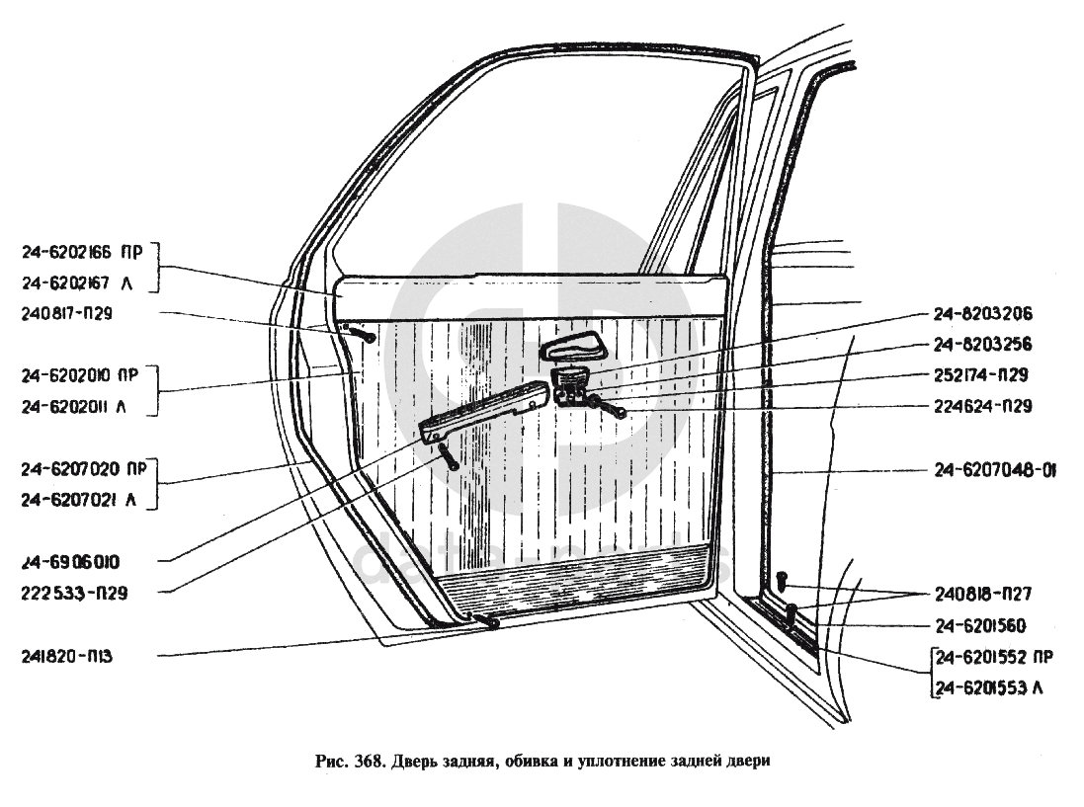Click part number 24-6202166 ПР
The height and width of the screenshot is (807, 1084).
[82, 253]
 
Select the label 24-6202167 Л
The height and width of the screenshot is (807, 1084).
[76, 283]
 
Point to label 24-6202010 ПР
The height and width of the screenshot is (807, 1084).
[82, 375]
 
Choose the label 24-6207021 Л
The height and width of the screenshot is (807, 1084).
[76, 501]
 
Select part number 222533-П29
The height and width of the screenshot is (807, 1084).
[72, 594]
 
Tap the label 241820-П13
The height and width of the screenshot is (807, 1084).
[67, 656]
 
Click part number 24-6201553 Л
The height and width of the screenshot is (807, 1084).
[988, 687]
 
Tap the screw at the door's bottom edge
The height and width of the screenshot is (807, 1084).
[486, 620]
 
